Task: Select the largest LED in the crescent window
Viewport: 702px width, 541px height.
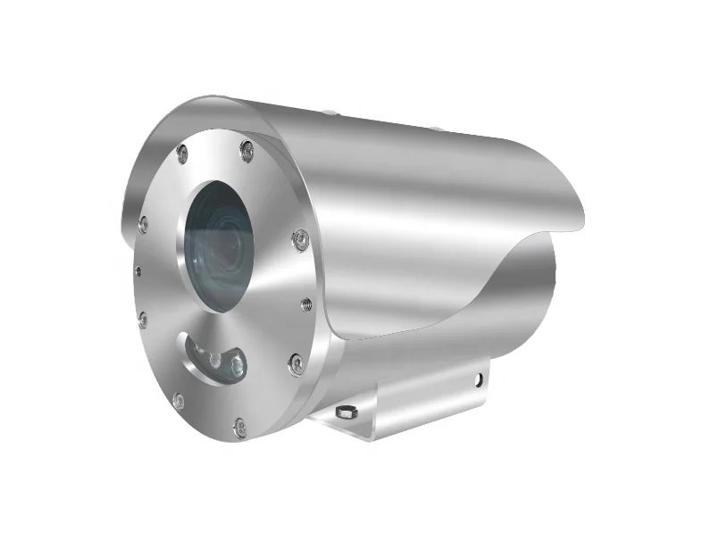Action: tap(236, 363)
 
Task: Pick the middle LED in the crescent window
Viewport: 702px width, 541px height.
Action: tap(215, 358)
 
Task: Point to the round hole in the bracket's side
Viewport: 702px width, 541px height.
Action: tap(481, 379)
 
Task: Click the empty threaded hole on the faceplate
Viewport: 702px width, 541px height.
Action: tap(306, 304)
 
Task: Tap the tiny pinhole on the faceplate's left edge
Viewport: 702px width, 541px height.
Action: tap(137, 268)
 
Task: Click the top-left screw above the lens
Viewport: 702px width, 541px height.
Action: tap(182, 151)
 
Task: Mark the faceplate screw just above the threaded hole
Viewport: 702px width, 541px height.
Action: tap(301, 238)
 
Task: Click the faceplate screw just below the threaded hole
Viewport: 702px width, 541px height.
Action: tap(296, 362)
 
